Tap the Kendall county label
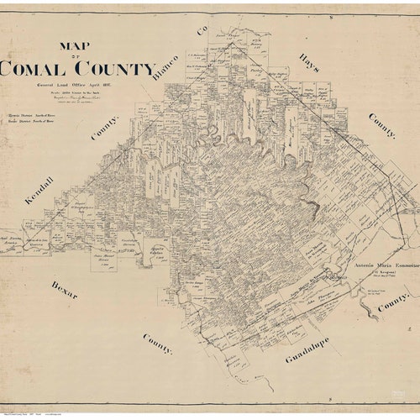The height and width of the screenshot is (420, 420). click(x=39, y=190)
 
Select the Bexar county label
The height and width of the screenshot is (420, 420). click(x=63, y=294)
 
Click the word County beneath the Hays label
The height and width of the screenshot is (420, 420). click(x=381, y=125)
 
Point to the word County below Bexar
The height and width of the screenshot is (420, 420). click(x=156, y=344)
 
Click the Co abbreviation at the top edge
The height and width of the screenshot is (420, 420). click(x=202, y=30)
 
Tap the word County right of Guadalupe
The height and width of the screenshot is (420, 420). click(x=392, y=302)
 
